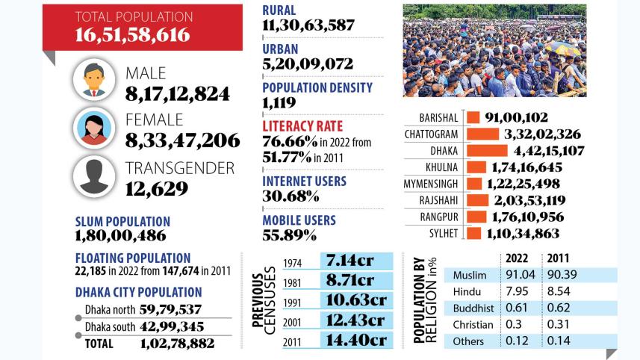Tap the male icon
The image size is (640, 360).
pyautogui.click(x=95, y=80)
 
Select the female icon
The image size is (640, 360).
pyautogui.click(x=95, y=128)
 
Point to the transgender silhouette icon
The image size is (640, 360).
pyautogui.click(x=95, y=176)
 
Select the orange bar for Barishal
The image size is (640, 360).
pyautogui.click(x=472, y=117)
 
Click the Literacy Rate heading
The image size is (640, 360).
pyautogui.click(x=302, y=125)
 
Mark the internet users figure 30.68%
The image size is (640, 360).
pyautogui.click(x=291, y=196)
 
